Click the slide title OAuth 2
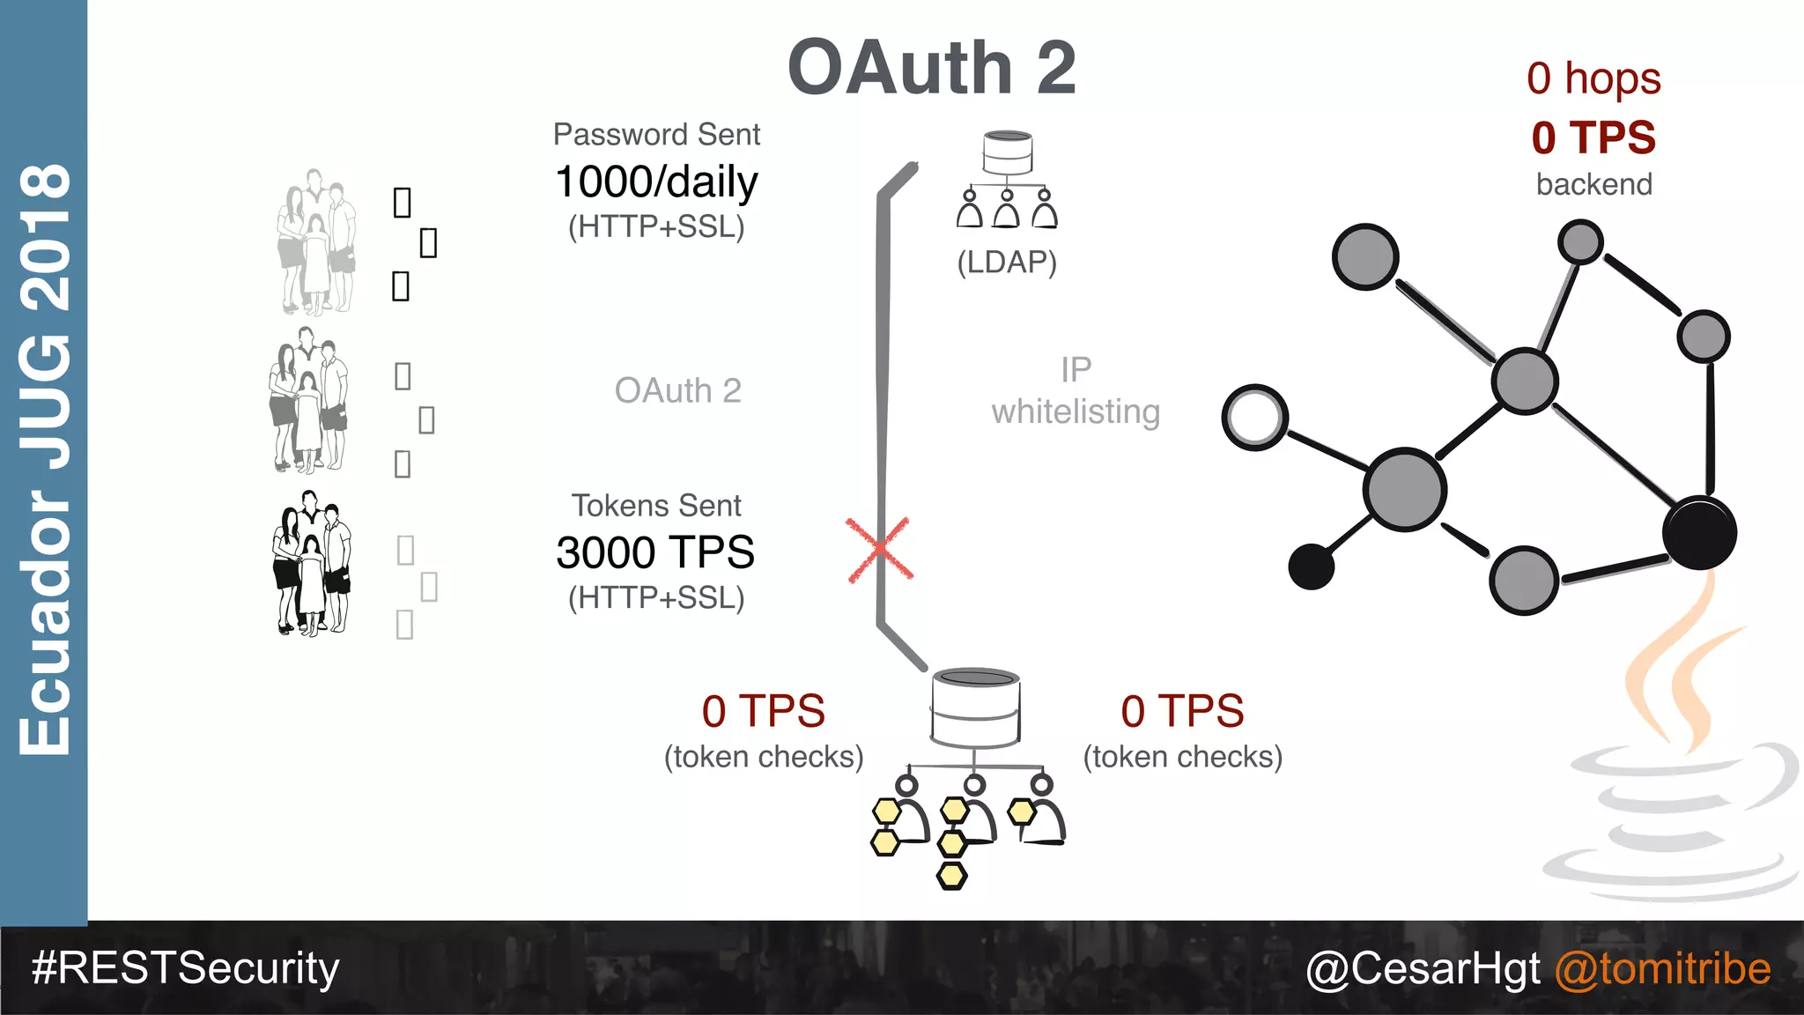point(931,68)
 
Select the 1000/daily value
point(656,182)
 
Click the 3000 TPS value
point(655,552)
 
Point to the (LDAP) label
point(1007,262)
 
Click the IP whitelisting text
point(1076,390)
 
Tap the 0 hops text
point(1593,78)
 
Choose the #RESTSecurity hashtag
point(185,967)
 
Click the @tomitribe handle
point(1662,968)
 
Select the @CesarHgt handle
point(1423,968)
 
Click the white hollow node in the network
point(1255,417)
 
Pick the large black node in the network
point(1699,533)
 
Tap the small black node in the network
point(1311,566)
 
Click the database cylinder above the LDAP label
point(1008,152)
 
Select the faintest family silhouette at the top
point(316,242)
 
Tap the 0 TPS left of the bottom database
point(763,710)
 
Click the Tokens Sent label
point(656,506)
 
